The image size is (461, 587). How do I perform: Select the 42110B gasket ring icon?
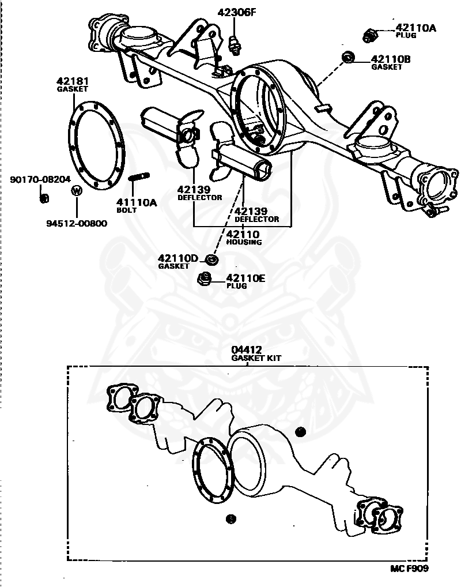pyautogui.click(x=347, y=57)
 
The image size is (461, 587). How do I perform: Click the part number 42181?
pyautogui.click(x=73, y=81)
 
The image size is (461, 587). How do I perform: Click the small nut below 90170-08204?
pyautogui.click(x=43, y=198)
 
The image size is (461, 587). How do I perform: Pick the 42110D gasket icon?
pyautogui.click(x=211, y=261)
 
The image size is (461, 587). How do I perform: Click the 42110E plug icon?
pyautogui.click(x=203, y=280)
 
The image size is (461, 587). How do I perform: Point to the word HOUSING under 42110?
pyautogui.click(x=244, y=242)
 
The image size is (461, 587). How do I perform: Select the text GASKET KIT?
pyautogui.click(x=256, y=358)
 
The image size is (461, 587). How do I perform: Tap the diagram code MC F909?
pyautogui.click(x=409, y=568)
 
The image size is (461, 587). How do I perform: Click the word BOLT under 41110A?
pyautogui.click(x=127, y=210)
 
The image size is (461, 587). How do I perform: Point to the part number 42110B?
pyautogui.click(x=391, y=59)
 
